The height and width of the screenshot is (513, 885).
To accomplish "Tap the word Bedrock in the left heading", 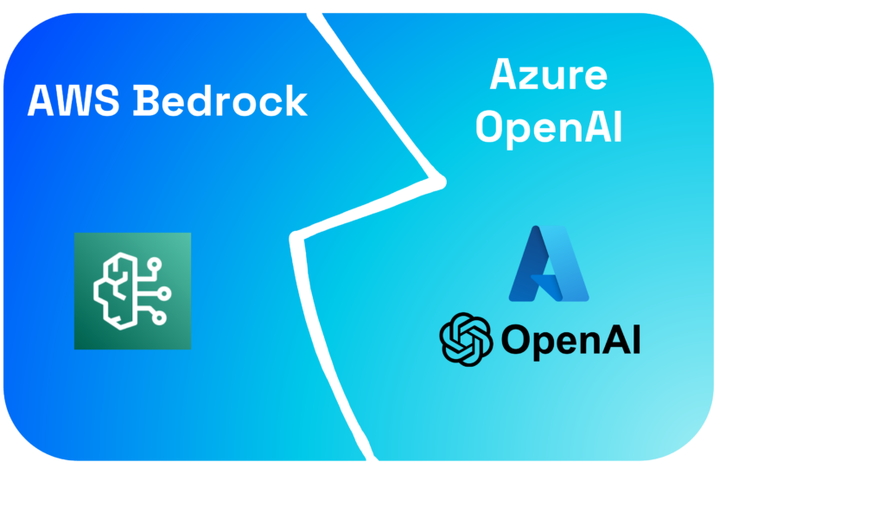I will pos(222,101).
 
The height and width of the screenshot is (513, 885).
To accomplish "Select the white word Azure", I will pos(549,75).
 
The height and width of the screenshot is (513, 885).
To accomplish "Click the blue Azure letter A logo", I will pos(549,263).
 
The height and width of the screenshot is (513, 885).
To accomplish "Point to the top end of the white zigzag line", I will pos(315,13).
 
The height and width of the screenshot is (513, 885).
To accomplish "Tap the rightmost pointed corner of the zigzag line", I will pos(441,183).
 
